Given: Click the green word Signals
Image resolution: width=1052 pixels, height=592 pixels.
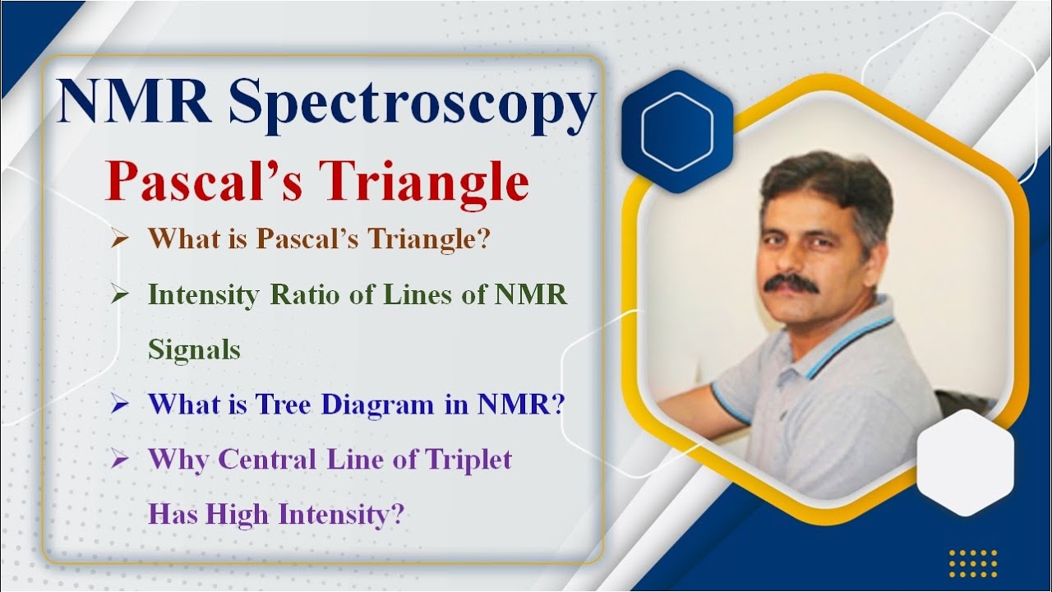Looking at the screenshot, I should pyautogui.click(x=194, y=349).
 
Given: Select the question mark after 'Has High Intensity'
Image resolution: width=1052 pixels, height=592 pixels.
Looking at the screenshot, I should pyautogui.click(x=398, y=515).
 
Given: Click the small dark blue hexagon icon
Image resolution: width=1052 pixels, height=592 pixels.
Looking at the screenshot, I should pyautogui.click(x=677, y=132).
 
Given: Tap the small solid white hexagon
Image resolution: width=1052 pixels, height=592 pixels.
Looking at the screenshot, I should pyautogui.click(x=965, y=463).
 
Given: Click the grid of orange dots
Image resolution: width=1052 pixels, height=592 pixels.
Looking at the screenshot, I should pyautogui.click(x=972, y=563).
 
